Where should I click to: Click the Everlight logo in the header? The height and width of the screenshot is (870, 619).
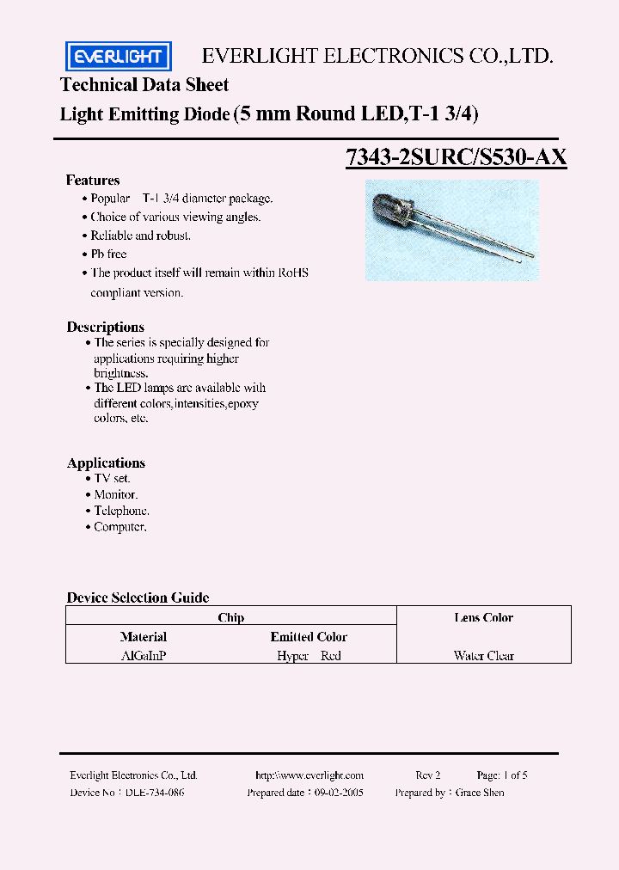[119, 57]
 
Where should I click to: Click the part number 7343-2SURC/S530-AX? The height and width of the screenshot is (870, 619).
[456, 157]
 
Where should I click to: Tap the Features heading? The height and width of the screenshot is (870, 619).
[93, 181]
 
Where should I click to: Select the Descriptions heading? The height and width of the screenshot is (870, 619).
[106, 328]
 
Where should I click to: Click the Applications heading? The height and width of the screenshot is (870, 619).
[106, 463]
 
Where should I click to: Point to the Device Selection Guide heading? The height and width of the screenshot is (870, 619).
[138, 597]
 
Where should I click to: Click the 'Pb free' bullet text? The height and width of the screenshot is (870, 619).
[109, 254]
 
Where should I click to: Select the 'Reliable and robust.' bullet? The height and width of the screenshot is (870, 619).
[141, 236]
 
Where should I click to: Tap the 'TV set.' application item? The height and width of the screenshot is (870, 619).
[113, 478]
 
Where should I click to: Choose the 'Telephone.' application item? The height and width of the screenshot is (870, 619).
[121, 511]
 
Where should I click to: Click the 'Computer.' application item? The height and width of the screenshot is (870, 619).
[120, 527]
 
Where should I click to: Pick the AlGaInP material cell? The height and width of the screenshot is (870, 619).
[144, 655]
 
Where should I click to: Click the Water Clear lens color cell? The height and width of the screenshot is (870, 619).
[484, 656]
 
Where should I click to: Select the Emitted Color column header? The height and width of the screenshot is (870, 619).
[309, 637]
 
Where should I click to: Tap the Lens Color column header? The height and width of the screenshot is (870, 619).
[483, 617]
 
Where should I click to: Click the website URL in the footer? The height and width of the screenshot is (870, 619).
[309, 775]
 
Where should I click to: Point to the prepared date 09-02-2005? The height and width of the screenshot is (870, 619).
[339, 793]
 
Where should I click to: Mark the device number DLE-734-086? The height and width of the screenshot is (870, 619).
[156, 793]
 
